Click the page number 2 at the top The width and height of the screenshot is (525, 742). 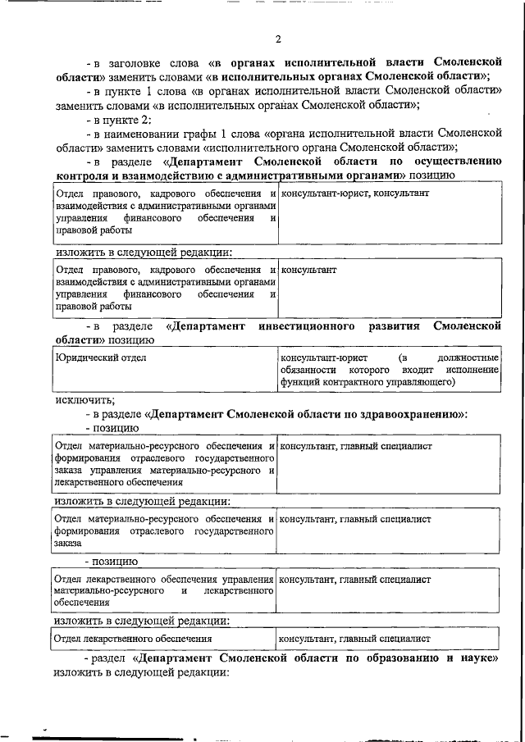[x=278, y=39]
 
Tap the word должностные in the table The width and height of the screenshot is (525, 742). [x=468, y=358]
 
